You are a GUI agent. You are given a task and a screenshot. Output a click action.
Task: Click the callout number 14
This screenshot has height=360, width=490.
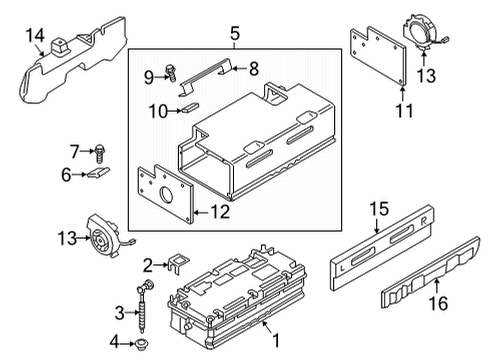[x=35, y=36]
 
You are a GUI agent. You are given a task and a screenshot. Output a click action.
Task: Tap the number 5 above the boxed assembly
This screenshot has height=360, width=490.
[x=235, y=34]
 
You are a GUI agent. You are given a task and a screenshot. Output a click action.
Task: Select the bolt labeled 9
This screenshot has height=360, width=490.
[x=171, y=73]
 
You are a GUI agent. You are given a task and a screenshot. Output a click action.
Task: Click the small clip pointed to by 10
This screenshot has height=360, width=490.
[x=190, y=108]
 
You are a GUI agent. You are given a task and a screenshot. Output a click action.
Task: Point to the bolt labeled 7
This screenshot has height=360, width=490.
[x=99, y=153]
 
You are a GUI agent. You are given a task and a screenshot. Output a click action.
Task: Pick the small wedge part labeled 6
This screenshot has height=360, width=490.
[x=98, y=172]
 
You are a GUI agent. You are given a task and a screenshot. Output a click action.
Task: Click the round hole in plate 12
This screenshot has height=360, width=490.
[x=167, y=195]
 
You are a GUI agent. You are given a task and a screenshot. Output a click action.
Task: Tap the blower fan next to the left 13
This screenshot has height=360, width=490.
[x=102, y=236]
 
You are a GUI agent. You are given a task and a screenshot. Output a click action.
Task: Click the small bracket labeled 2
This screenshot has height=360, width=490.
[x=178, y=262]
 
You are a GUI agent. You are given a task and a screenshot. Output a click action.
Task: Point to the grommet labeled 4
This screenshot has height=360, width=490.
[x=142, y=343]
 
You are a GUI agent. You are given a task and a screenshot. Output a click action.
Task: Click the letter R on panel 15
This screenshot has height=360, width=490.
[x=423, y=221]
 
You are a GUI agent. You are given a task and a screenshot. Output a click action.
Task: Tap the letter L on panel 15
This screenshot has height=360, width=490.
[x=342, y=267]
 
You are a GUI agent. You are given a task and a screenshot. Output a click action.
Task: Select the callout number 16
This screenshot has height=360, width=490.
[x=438, y=303]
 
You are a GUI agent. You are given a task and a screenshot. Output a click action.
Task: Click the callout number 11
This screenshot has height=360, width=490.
[x=404, y=111]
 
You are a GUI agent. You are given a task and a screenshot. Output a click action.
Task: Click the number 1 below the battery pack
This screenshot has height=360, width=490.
[x=276, y=340]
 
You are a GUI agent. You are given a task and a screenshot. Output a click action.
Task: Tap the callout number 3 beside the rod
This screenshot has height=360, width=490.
[x=120, y=313]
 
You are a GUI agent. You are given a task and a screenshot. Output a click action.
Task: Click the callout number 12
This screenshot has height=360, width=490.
[x=220, y=212]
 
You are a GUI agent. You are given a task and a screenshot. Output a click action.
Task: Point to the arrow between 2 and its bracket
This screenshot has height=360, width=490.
[x=161, y=265]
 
